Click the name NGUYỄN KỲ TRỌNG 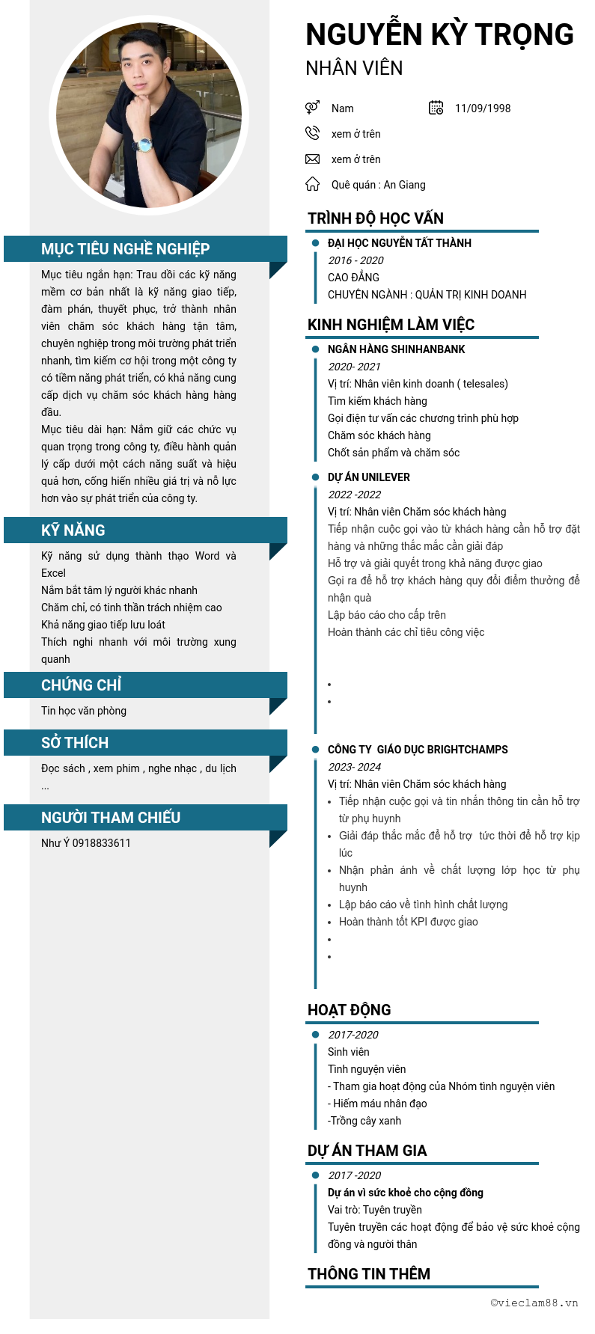(439, 35)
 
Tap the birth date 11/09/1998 (483, 108)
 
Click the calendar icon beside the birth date (436, 108)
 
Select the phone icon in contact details (312, 133)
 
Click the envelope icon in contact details (312, 159)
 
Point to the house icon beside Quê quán (312, 184)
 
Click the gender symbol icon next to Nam (312, 108)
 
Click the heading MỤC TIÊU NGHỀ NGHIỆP (125, 249)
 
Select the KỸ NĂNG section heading (73, 530)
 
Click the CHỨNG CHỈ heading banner (81, 685)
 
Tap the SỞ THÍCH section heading (75, 743)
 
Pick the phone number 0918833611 (102, 843)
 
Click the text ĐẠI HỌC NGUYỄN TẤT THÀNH (400, 243)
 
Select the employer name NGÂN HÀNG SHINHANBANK (397, 349)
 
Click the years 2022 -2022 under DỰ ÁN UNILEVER (355, 495)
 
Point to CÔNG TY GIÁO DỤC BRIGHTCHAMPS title (418, 750)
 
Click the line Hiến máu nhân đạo (379, 1104)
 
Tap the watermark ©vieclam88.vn (534, 1303)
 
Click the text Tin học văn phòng (84, 711)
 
